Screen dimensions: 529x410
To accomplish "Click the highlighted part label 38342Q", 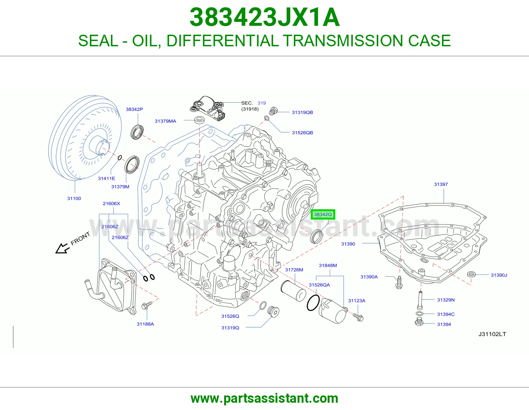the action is (x=323, y=215).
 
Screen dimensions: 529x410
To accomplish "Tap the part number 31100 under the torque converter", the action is (x=74, y=198).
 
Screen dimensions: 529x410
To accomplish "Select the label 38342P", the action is (x=134, y=109).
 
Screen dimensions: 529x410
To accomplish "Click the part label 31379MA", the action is (x=165, y=121).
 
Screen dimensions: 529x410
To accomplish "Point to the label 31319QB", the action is (x=302, y=112).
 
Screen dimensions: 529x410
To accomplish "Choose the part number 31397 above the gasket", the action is (x=441, y=184).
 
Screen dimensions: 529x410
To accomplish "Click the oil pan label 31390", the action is (x=348, y=244).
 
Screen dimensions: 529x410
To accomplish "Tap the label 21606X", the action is (x=111, y=204).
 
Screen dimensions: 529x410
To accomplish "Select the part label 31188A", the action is (x=145, y=324).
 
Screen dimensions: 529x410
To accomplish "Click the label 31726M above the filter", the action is (x=294, y=270).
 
